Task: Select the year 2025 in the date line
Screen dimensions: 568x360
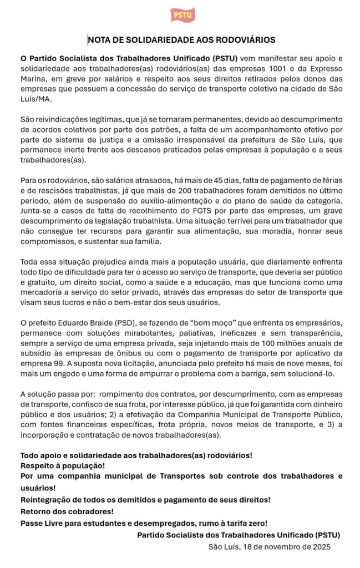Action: (320, 547)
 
